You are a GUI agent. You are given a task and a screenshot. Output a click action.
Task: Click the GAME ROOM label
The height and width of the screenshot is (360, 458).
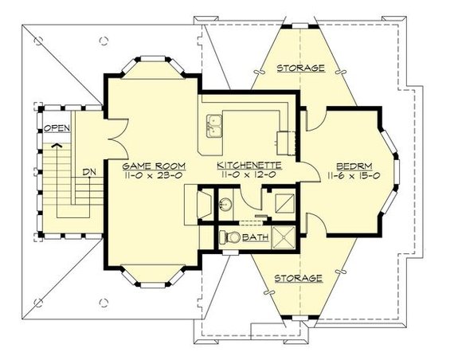[152, 166]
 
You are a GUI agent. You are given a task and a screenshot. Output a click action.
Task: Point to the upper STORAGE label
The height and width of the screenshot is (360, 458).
[300, 69]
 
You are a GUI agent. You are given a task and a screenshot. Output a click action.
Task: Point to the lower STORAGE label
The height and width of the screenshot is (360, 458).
[297, 278]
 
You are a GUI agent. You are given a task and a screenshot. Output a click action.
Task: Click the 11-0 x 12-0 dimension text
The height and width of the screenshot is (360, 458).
[247, 177]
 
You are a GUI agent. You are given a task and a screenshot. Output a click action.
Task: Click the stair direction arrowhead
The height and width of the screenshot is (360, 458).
[56, 146]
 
